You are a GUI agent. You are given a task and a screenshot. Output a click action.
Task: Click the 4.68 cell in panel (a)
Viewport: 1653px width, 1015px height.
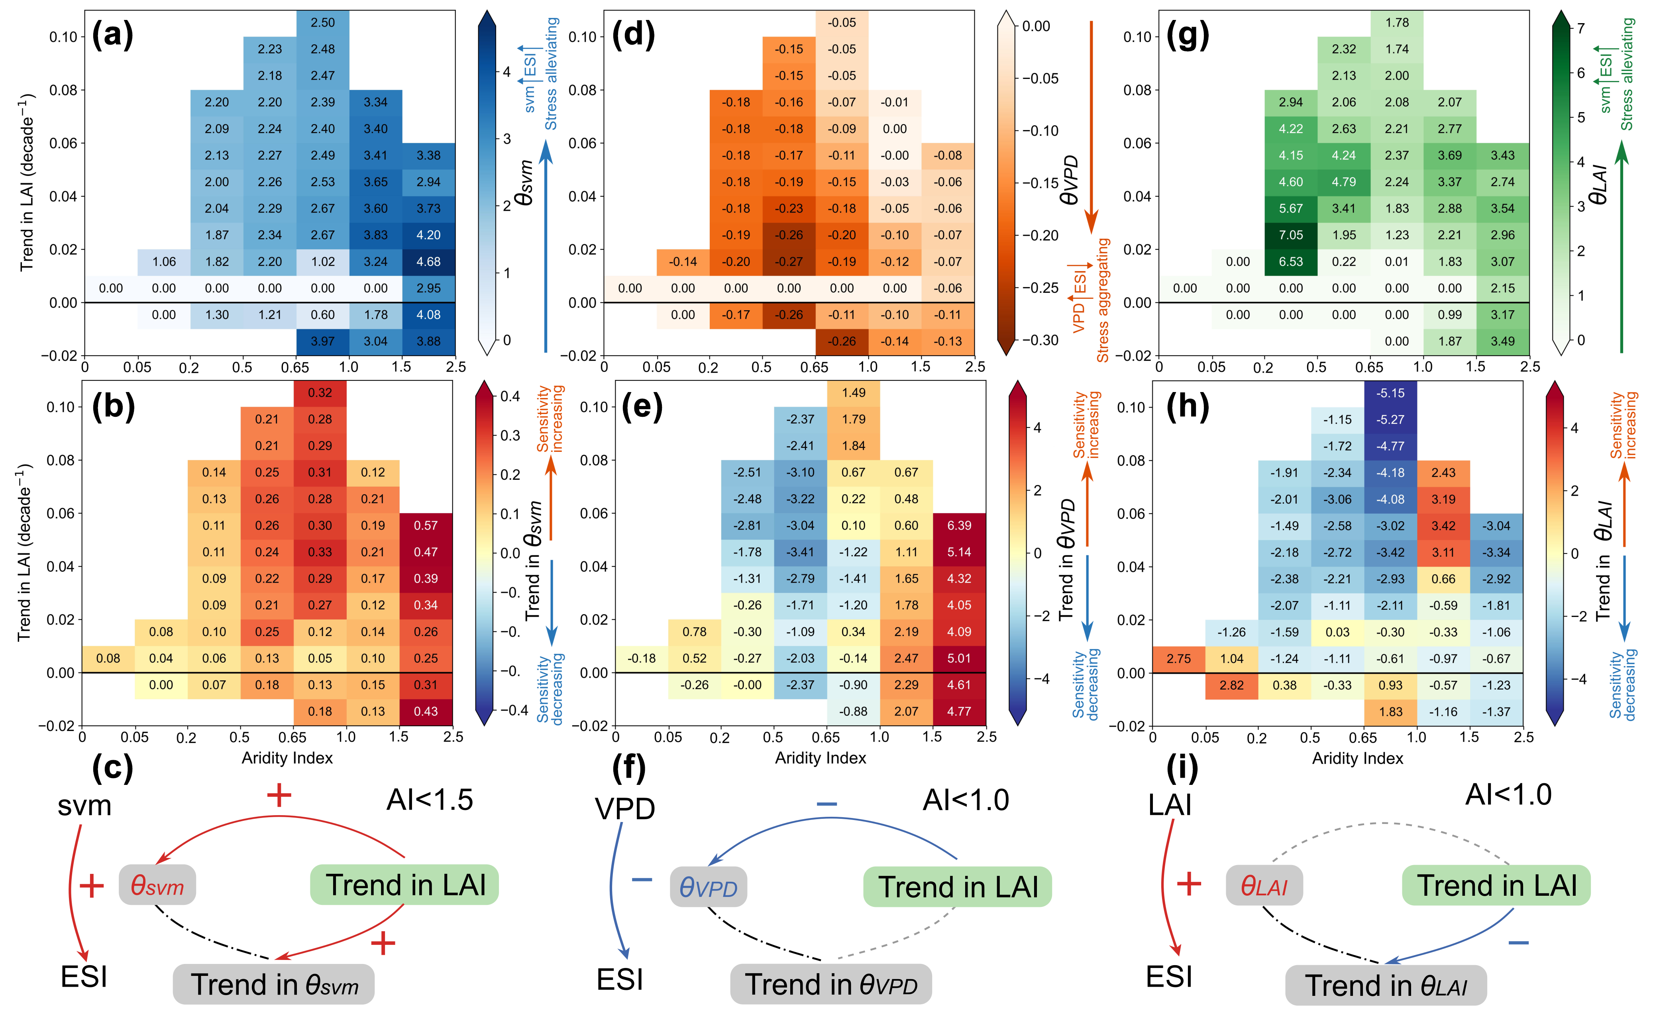(429, 262)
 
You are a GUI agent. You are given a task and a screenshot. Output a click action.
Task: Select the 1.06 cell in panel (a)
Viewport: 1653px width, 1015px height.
(164, 262)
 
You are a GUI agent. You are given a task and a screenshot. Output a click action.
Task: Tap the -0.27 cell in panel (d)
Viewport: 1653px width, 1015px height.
(789, 262)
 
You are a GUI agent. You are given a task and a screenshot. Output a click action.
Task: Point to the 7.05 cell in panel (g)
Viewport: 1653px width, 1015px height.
(1291, 235)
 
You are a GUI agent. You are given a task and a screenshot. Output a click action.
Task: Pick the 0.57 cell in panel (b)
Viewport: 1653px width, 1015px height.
(426, 526)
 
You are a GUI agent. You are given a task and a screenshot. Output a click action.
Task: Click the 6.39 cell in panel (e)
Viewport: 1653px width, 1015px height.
(959, 526)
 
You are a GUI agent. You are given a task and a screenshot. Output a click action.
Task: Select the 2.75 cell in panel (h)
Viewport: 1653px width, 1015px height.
(1179, 658)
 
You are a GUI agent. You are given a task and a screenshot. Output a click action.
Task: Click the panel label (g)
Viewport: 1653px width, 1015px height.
(1188, 35)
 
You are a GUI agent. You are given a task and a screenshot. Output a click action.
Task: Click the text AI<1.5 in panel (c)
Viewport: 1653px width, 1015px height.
(429, 800)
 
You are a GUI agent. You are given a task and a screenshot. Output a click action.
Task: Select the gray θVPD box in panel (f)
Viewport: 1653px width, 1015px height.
(709, 887)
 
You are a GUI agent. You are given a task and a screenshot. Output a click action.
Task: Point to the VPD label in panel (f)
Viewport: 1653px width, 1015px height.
(624, 809)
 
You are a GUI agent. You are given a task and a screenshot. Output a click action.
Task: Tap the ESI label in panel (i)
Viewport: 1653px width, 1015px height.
(1169, 977)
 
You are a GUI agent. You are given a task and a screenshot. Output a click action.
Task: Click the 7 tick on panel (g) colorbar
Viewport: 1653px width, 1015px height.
(1580, 28)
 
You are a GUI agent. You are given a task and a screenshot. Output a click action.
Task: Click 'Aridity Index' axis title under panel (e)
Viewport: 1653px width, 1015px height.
(821, 758)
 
